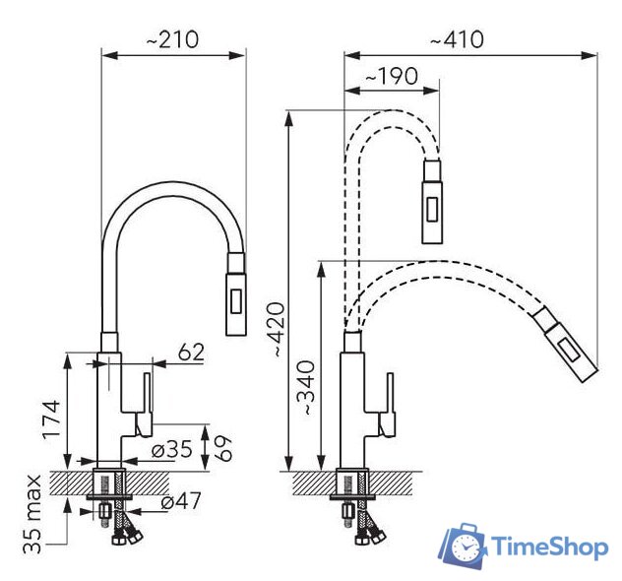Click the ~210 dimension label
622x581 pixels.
pos(172,39)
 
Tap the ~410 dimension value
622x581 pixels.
pos(457,39)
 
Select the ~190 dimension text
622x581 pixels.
pos(392,76)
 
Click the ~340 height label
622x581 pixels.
pos(306,388)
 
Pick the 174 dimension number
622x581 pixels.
pos(52,420)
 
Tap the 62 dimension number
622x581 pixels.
pos(191,352)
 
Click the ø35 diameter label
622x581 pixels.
pos(172,449)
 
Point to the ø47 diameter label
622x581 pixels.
pos(181,500)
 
